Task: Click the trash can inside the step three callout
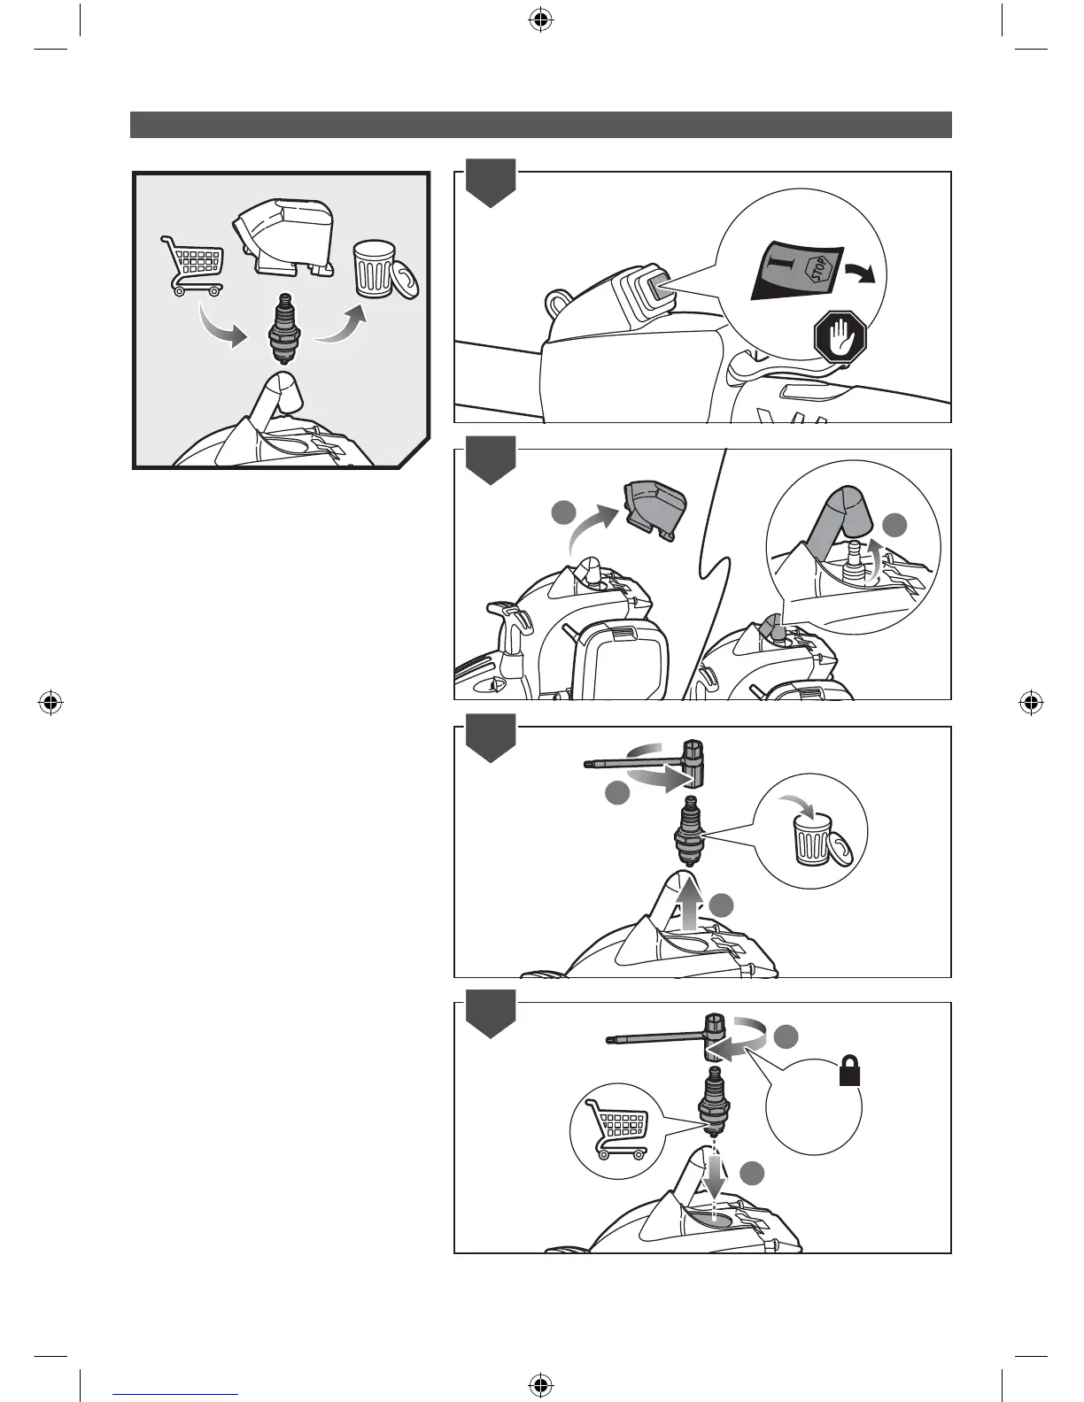point(811,838)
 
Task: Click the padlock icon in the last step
point(849,1074)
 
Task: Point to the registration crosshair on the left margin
point(51,703)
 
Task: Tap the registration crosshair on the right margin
point(1029,703)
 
